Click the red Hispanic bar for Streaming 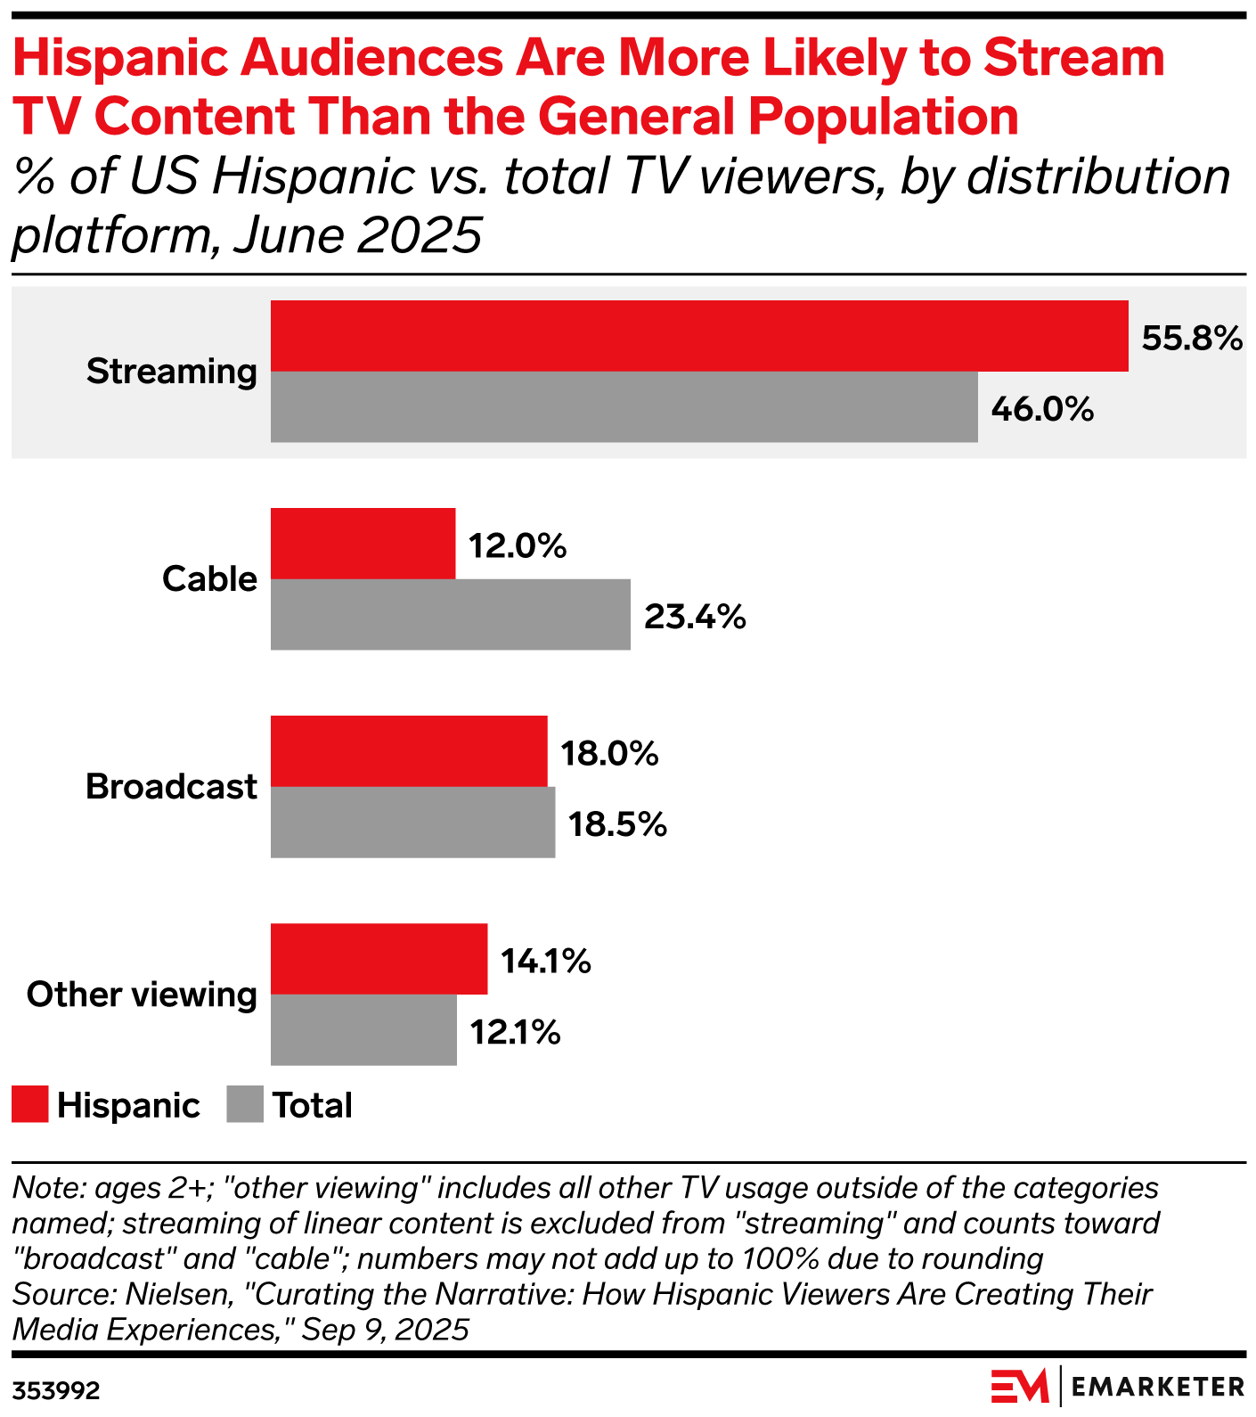click(699, 336)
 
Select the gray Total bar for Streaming click(624, 406)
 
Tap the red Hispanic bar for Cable click(363, 544)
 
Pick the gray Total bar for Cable click(450, 614)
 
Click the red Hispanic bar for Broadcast click(409, 751)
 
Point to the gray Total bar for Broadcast click(412, 822)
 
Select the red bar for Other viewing click(379, 959)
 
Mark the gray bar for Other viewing click(363, 1029)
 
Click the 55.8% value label click(1192, 339)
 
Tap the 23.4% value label click(695, 617)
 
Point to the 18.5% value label click(617, 824)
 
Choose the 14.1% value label click(545, 962)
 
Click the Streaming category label click(171, 372)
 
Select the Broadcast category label click(171, 787)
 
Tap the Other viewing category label click(142, 995)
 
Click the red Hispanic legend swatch click(29, 1104)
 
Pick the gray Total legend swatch click(245, 1104)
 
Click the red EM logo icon click(1019, 1387)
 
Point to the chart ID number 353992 click(55, 1391)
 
